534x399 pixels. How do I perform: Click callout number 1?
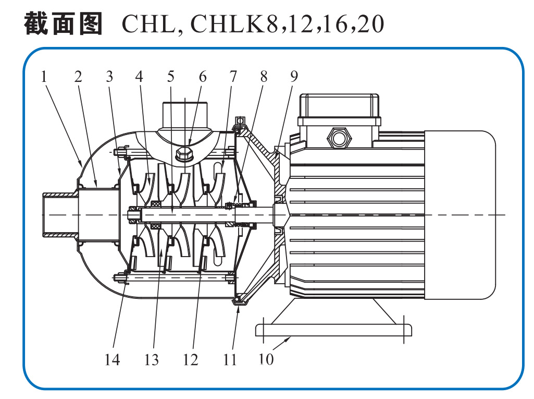[x=44, y=77]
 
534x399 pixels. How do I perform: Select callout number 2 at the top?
[x=78, y=77]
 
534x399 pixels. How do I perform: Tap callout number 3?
[x=109, y=77]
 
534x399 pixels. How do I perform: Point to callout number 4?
[x=139, y=77]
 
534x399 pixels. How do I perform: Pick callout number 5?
[x=171, y=77]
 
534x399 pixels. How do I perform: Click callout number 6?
[x=202, y=77]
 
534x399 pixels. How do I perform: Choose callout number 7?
[x=232, y=77]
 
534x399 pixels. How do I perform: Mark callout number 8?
[x=264, y=77]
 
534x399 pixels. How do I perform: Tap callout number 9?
[x=294, y=77]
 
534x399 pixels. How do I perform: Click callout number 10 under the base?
[x=266, y=359]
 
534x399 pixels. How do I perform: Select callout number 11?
[x=230, y=359]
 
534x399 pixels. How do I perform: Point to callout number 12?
[x=191, y=359]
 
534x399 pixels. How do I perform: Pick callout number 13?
[x=152, y=359]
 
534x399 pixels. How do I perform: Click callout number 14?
[x=112, y=359]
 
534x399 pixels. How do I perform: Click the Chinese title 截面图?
[x=64, y=23]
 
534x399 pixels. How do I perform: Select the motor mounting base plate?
[x=333, y=330]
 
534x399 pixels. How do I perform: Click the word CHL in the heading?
[x=149, y=24]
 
